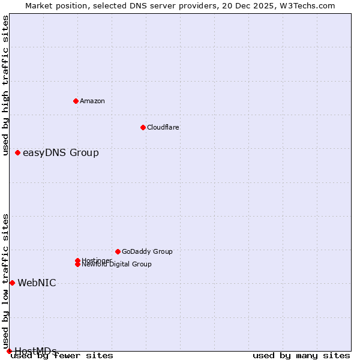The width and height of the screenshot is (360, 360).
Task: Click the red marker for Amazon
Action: coord(76,101)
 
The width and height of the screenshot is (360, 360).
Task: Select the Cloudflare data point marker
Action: coord(143,127)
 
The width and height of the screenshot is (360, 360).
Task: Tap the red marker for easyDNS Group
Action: coord(17,152)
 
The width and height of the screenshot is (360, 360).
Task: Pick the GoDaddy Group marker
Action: coord(118,251)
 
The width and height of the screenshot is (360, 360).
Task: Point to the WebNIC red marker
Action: coord(12,283)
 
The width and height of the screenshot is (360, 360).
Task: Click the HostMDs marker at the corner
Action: coord(9,351)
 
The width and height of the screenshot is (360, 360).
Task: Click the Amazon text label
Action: coord(92,101)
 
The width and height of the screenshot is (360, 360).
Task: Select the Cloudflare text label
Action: coord(163,127)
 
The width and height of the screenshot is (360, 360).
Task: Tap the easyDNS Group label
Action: coord(61,152)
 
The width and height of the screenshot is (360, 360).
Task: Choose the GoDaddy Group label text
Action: coord(147,251)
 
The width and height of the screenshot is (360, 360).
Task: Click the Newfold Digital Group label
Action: coord(117,265)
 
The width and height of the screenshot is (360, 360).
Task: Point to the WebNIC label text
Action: coord(37,283)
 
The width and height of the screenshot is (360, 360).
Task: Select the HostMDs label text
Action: coord(35,351)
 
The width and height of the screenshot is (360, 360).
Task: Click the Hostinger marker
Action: coord(77,260)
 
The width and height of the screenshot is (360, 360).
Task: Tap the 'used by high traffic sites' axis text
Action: coord(6,85)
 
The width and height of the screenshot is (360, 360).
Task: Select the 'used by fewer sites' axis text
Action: coord(62,356)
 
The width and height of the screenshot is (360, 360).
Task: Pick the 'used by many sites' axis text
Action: coord(301,356)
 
